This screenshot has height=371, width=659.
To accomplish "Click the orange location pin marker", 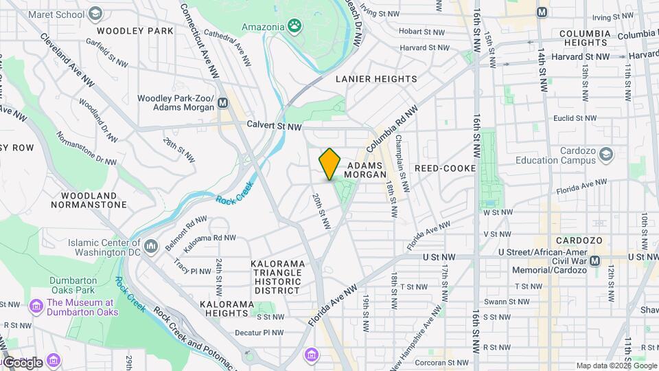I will (x=330, y=164).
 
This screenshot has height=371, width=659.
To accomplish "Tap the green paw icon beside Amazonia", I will (x=294, y=26).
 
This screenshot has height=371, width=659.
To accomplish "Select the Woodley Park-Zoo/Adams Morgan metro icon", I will (x=222, y=104).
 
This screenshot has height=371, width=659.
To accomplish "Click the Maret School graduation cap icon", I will (x=95, y=13).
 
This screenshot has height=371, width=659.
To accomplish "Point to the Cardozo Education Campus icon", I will (x=605, y=155).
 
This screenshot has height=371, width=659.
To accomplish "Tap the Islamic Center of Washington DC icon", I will (x=152, y=245).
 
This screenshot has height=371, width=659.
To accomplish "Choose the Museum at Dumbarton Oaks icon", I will (x=36, y=307).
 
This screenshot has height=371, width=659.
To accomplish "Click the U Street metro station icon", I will (x=594, y=260).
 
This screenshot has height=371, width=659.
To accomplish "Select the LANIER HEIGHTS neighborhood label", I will (x=375, y=79).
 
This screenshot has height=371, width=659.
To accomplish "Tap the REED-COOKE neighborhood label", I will (x=445, y=168).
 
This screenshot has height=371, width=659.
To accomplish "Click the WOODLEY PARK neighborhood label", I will (x=135, y=31).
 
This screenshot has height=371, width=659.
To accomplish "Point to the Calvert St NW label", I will (x=274, y=126).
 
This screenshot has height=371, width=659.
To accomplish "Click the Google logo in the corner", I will (x=23, y=362).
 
